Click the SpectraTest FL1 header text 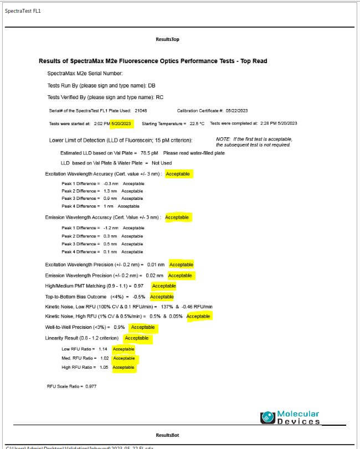[23, 11]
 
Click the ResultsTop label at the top [167, 39]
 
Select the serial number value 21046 [141, 111]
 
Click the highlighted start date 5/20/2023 [121, 123]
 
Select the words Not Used [162, 163]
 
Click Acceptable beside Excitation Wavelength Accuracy [178, 174]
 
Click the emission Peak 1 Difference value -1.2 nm [111, 228]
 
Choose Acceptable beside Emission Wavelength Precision [181, 275]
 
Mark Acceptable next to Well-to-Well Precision [143, 327]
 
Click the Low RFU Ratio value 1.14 [103, 349]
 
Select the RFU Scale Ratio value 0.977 [89, 386]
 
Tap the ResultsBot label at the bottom [167, 435]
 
